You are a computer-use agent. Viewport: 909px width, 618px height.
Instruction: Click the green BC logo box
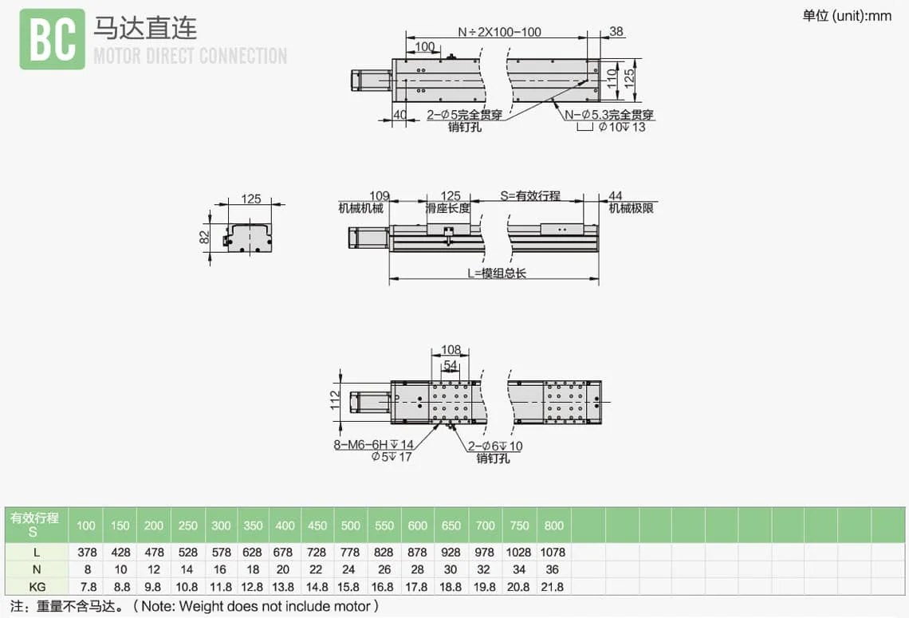(52, 38)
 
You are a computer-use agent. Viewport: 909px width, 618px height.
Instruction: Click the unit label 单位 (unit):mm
(847, 16)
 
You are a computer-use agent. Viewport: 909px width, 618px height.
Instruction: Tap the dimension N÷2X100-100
(499, 33)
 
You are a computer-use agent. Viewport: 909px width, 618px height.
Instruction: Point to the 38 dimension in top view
(616, 32)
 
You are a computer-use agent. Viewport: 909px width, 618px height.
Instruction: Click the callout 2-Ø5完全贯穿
(465, 115)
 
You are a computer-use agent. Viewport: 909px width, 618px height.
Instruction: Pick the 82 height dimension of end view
(204, 236)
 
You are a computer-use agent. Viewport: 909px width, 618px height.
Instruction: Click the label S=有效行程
(530, 196)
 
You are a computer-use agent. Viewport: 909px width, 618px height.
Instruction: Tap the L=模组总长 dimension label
(496, 273)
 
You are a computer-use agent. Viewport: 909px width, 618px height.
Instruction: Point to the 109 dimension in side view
(380, 196)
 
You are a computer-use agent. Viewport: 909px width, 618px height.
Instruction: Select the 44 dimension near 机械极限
(615, 196)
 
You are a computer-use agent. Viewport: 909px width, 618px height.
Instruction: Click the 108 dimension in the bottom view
(451, 350)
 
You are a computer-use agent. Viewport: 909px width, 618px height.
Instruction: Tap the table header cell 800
(553, 525)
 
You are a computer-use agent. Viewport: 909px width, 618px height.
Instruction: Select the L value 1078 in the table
(553, 552)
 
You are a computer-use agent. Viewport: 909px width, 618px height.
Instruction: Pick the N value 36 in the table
(553, 569)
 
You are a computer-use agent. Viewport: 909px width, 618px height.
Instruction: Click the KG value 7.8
(86, 587)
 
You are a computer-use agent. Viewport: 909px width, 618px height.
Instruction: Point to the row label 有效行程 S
(34, 525)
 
